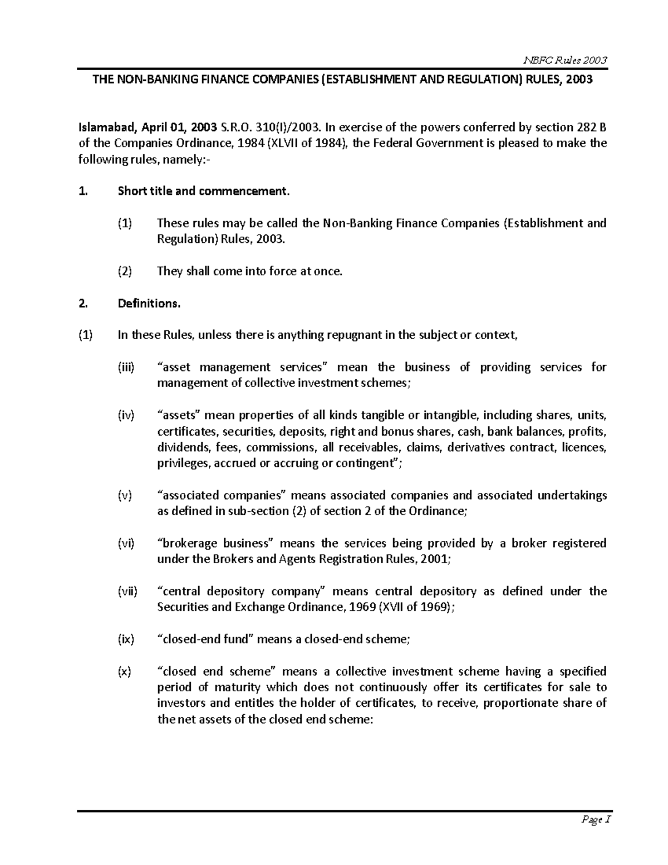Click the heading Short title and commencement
pos(204,192)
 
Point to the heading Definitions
pos(149,304)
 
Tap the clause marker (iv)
pos(125,415)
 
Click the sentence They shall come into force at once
pos(249,271)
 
